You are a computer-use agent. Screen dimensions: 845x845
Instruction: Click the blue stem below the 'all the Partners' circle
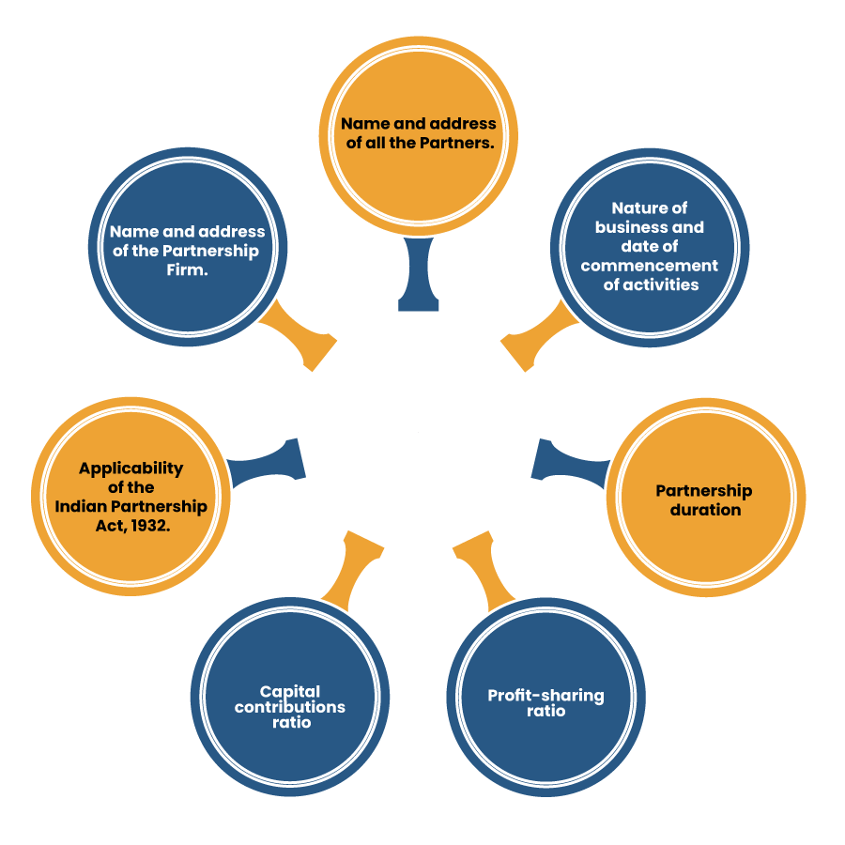pos(419,277)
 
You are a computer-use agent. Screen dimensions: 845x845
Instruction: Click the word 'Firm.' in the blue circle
pos(187,269)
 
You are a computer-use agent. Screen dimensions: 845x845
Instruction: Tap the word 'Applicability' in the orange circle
pos(131,468)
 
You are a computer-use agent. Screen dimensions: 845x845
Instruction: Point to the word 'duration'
pos(704,510)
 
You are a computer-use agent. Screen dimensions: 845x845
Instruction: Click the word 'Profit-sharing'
pos(545,696)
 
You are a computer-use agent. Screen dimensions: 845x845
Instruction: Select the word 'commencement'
pos(649,265)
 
